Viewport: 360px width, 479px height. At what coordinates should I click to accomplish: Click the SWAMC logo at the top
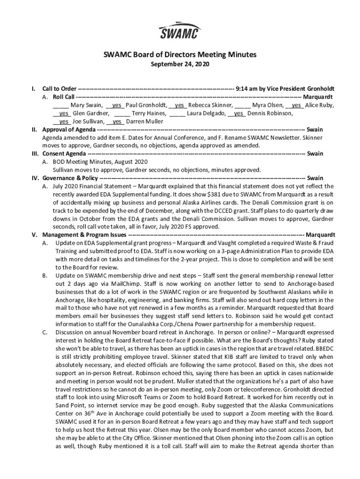[x=180, y=31]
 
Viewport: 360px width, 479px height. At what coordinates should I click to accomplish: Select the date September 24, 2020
[x=180, y=64]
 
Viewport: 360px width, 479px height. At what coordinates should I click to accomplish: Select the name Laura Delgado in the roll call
[x=206, y=113]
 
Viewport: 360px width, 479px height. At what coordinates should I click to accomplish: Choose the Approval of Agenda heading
[x=69, y=130]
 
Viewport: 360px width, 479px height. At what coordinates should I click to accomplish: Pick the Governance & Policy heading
[x=70, y=178]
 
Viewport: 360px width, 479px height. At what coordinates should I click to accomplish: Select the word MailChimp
[x=119, y=283]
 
